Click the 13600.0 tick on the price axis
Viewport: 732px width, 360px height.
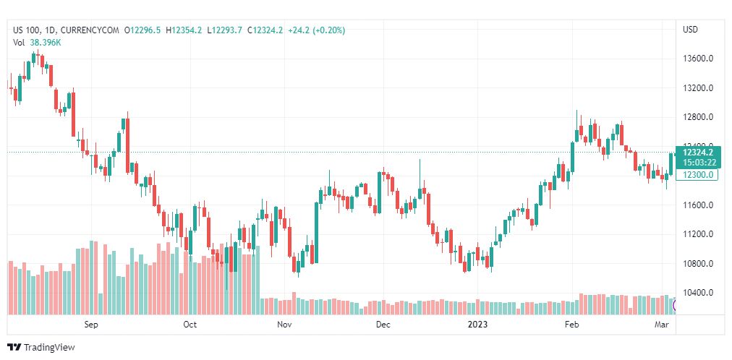tap(698, 59)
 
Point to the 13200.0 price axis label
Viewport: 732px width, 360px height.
tap(698, 88)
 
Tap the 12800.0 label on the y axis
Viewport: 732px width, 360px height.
tap(698, 117)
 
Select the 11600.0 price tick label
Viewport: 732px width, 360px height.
tap(698, 205)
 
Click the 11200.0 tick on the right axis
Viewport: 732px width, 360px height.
tap(698, 234)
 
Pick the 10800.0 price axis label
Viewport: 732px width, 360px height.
tap(698, 264)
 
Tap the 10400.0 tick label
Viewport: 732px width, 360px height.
tap(698, 293)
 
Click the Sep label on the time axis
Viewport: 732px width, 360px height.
tap(91, 325)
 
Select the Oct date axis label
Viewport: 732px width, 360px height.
tap(190, 325)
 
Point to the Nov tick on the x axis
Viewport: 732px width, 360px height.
tap(285, 325)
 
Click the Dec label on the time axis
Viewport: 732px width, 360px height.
tap(383, 325)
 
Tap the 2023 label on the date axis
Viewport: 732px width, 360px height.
tap(477, 325)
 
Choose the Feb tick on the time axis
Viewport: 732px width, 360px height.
tap(572, 325)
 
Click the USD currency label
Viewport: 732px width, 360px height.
tap(690, 30)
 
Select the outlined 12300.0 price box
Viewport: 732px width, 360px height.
tap(697, 175)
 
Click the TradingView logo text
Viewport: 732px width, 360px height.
tap(49, 348)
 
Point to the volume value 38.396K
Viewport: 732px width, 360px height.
tap(46, 43)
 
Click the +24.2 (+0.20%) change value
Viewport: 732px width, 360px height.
tap(316, 30)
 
